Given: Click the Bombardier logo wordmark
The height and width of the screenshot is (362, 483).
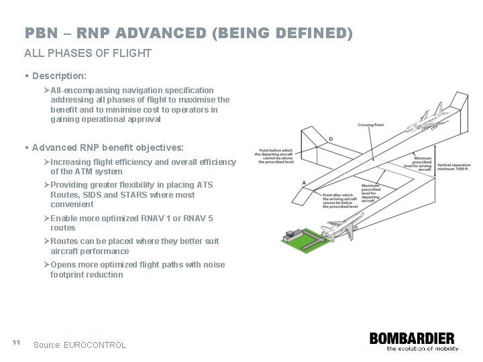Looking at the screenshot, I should [412, 338].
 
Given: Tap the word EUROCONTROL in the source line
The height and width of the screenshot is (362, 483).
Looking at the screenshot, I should [95, 345].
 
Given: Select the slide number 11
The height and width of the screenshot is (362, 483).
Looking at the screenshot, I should [16, 343].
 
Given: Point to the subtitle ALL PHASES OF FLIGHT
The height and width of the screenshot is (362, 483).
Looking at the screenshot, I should [88, 53].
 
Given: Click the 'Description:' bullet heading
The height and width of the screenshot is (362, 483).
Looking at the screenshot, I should [59, 76].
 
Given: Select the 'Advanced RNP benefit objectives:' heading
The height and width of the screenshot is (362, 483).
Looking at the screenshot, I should [107, 147].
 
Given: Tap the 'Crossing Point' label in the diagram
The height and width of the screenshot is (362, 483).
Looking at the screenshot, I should [371, 125].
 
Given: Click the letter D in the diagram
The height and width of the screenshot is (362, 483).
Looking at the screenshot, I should [331, 139].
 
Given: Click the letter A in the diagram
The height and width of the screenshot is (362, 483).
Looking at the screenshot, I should [304, 182].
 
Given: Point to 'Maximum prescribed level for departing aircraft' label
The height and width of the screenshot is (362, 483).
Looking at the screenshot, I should [370, 192].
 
